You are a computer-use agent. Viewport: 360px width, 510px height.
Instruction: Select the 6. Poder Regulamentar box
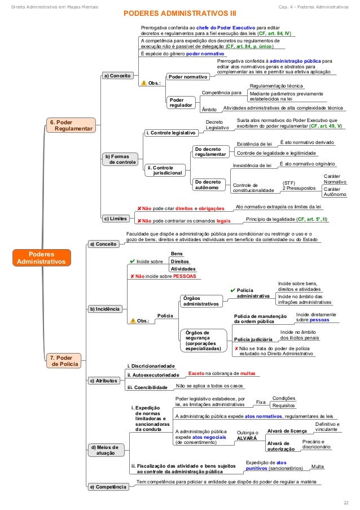[71, 125]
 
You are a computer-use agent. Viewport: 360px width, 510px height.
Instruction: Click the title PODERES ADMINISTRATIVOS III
[180, 12]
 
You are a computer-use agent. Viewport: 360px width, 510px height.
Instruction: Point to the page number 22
[345, 502]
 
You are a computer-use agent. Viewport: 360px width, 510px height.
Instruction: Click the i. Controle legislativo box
[171, 133]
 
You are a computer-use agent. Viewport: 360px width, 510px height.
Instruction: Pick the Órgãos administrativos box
[201, 301]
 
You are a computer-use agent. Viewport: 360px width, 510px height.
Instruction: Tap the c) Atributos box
[103, 381]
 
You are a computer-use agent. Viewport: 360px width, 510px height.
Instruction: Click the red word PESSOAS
[184, 276]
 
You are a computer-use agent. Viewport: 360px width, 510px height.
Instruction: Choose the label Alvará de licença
[287, 430]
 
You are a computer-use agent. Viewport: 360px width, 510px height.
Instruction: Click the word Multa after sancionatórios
[318, 467]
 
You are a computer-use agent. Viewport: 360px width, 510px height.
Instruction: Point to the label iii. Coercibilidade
[147, 387]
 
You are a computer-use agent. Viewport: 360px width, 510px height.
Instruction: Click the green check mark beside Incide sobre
[131, 261]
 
